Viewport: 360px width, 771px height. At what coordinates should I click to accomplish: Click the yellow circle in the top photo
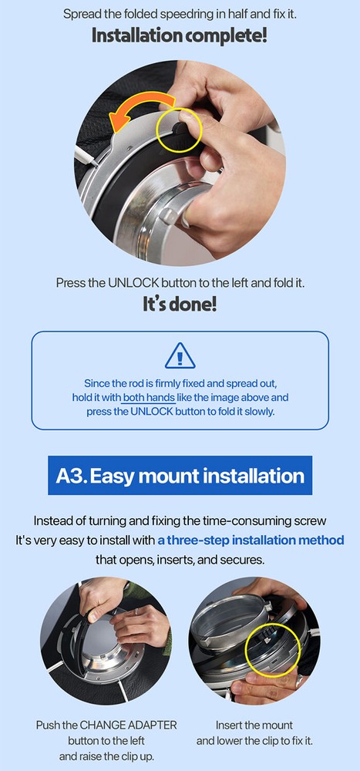click(x=179, y=128)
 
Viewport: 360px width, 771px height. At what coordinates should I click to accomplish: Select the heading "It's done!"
click(x=180, y=305)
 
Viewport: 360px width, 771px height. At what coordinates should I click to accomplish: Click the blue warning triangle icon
click(x=180, y=355)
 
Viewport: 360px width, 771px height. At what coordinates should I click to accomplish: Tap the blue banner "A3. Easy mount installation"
click(x=180, y=476)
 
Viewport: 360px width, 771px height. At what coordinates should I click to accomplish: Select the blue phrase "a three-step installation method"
click(x=251, y=540)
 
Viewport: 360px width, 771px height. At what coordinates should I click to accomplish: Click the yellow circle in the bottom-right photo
click(x=270, y=649)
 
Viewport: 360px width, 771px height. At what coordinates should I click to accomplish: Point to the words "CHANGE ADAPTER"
click(x=128, y=725)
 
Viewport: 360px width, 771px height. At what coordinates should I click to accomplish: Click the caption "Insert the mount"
click(x=254, y=725)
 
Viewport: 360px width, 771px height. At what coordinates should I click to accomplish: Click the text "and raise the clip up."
click(x=106, y=756)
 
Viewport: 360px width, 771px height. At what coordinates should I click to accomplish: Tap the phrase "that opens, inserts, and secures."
click(x=180, y=560)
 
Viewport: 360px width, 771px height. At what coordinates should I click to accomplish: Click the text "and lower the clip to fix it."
click(x=254, y=740)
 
